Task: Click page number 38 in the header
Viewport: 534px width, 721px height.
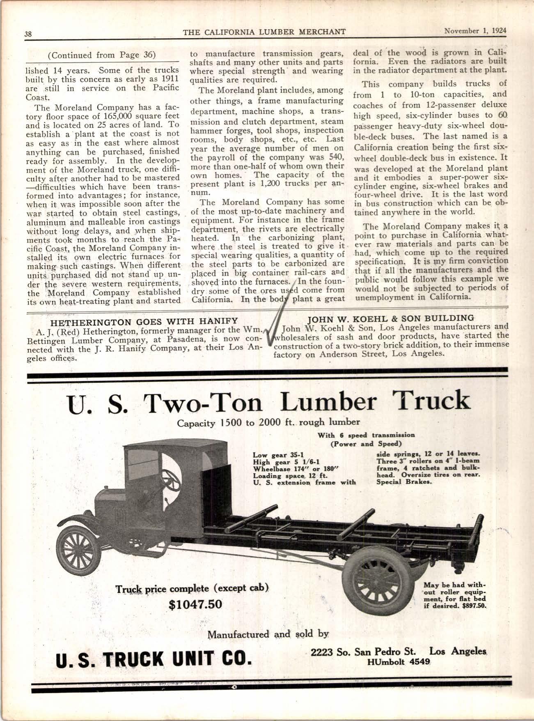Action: (x=28, y=34)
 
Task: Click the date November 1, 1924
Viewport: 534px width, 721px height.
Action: (x=475, y=31)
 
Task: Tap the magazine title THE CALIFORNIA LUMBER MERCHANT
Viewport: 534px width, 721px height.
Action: (x=264, y=32)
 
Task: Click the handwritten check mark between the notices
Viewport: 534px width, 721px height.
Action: (x=279, y=316)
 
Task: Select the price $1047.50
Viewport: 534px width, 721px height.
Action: (x=195, y=604)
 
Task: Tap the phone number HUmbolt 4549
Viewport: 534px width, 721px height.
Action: (x=399, y=662)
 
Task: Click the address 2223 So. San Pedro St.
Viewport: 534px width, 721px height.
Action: (x=363, y=652)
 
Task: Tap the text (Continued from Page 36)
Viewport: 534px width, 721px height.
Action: (x=101, y=55)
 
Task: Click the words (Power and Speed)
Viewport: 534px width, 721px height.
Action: (x=366, y=444)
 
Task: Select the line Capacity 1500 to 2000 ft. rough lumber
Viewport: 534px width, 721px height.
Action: (x=268, y=422)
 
